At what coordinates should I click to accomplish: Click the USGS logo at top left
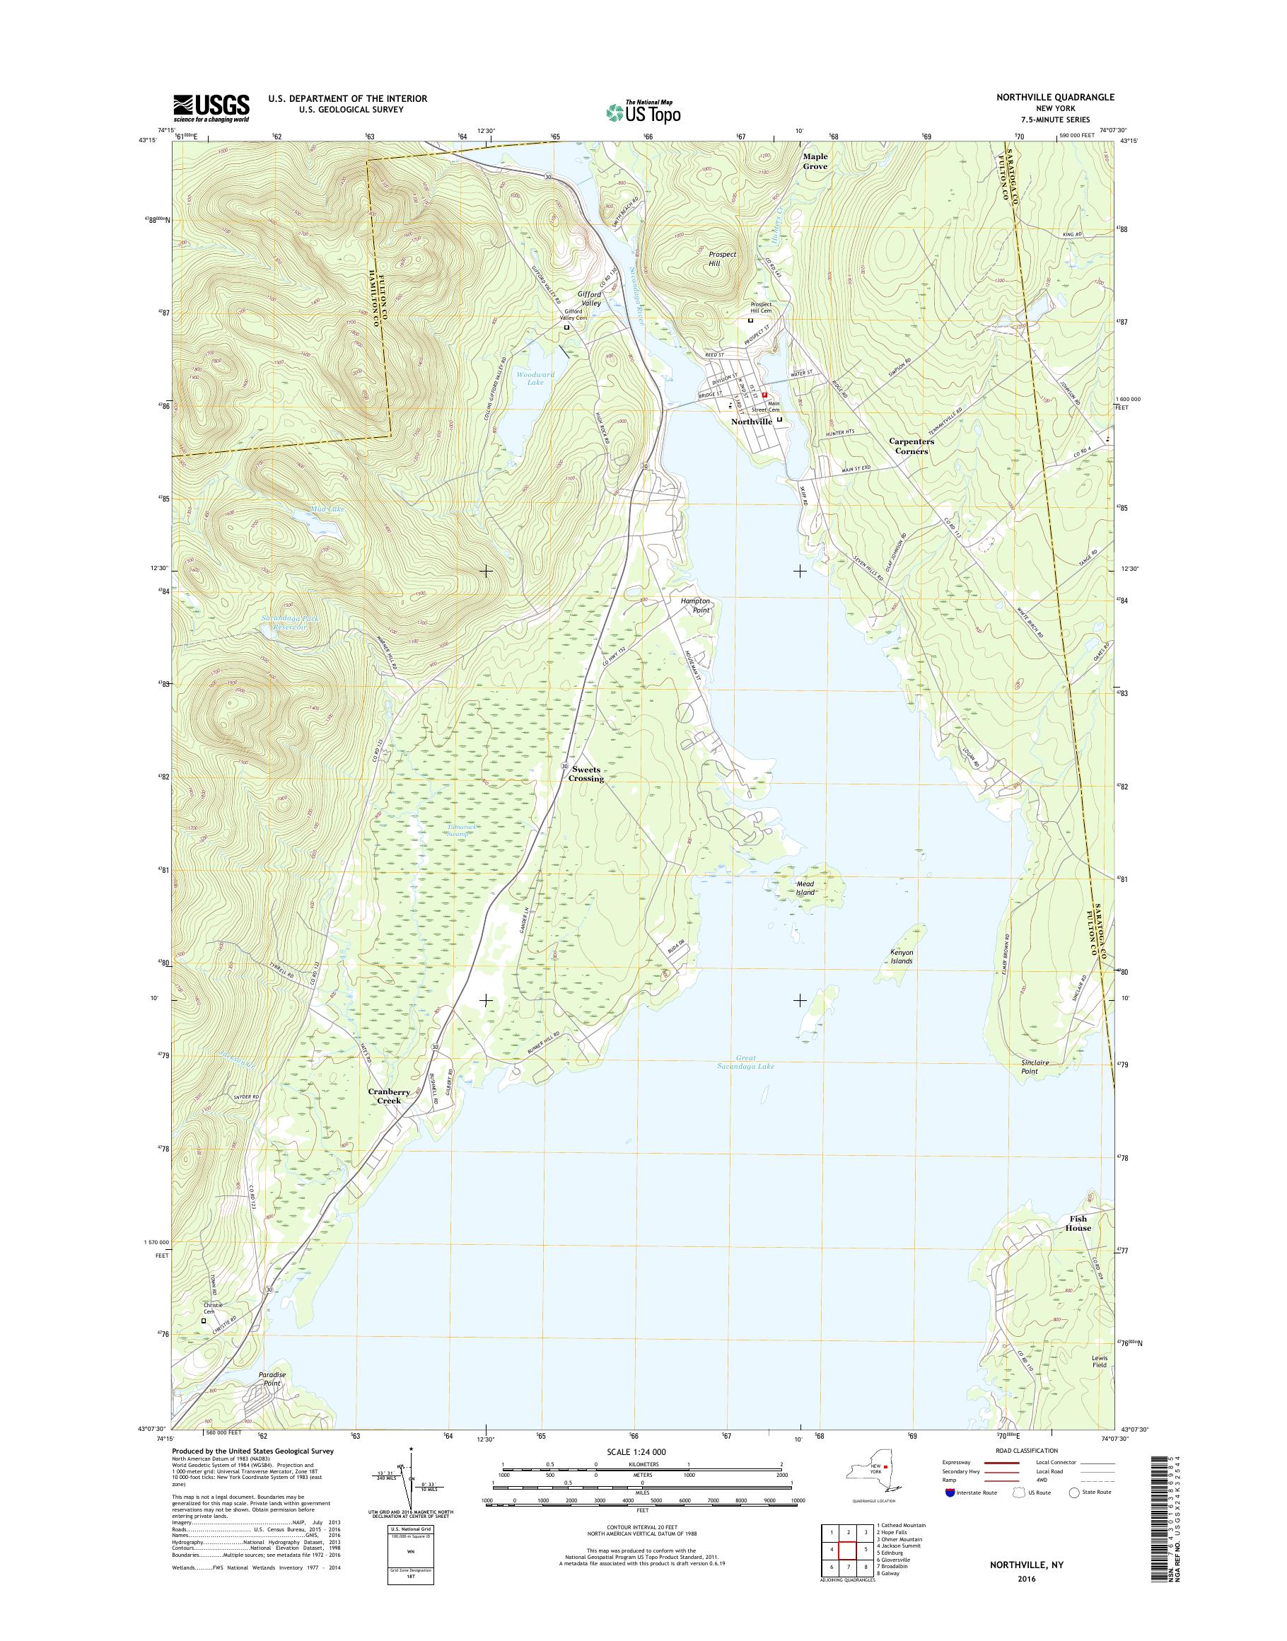[x=211, y=108]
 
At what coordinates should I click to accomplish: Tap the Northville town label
[x=751, y=422]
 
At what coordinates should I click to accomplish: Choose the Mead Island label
[x=805, y=888]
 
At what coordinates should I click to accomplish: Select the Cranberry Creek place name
[x=390, y=1096]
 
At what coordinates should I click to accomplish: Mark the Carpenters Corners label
[x=911, y=446]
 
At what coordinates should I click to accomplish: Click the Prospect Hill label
[x=722, y=259]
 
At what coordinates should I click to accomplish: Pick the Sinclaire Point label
[x=1030, y=1067]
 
